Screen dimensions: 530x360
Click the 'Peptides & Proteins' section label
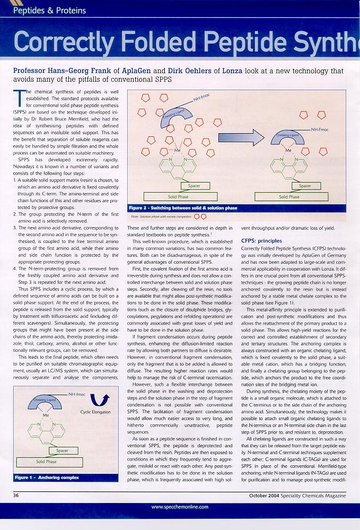(49, 10)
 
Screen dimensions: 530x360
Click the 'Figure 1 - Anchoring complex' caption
(47, 477)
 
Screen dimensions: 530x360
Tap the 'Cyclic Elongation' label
(95, 412)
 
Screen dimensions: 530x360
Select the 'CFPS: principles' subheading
(261, 241)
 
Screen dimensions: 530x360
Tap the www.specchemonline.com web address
(180, 507)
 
